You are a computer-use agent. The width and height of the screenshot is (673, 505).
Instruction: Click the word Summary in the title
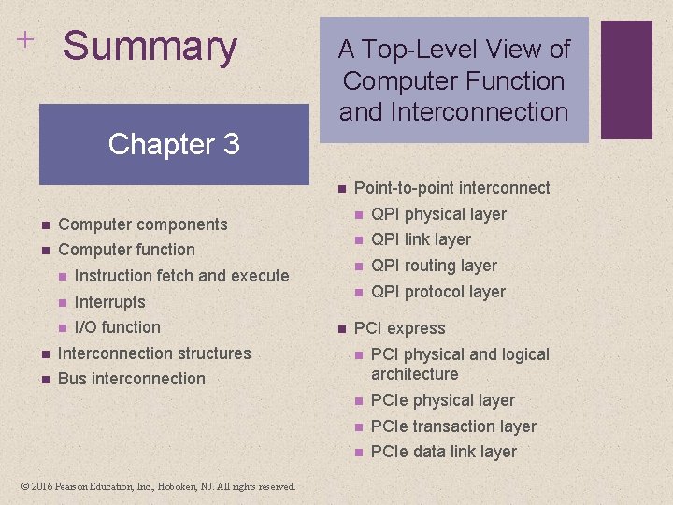pos(150,47)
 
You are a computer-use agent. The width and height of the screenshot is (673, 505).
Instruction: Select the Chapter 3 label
pos(174,144)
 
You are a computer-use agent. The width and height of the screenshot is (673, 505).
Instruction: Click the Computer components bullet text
pos(142,224)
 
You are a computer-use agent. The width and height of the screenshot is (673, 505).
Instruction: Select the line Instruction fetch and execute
pos(181,276)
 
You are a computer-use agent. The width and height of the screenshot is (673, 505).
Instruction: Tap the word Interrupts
pos(109,302)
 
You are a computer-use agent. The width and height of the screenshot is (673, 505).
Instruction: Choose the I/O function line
pos(117,327)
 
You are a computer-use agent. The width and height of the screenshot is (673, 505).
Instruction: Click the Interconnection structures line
pos(154,353)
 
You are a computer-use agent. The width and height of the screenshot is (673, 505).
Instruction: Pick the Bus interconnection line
pos(131,379)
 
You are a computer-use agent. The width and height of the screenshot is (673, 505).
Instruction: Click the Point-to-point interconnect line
pos(451,188)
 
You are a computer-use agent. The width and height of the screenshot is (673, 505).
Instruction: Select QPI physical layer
pos(438,214)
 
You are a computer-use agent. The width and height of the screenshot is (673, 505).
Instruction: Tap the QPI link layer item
pos(421,239)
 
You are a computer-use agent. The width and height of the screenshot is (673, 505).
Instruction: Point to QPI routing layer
pos(434,266)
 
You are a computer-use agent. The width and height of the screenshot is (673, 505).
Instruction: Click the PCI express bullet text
pos(399,328)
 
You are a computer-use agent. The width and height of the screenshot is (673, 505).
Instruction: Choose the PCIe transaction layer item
pos(453,426)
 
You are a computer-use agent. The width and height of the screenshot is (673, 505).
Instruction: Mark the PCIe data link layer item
pos(443,452)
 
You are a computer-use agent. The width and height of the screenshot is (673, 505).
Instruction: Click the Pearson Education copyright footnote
pos(156,486)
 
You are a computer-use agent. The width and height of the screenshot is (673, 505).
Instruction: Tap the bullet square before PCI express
pos(341,328)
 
